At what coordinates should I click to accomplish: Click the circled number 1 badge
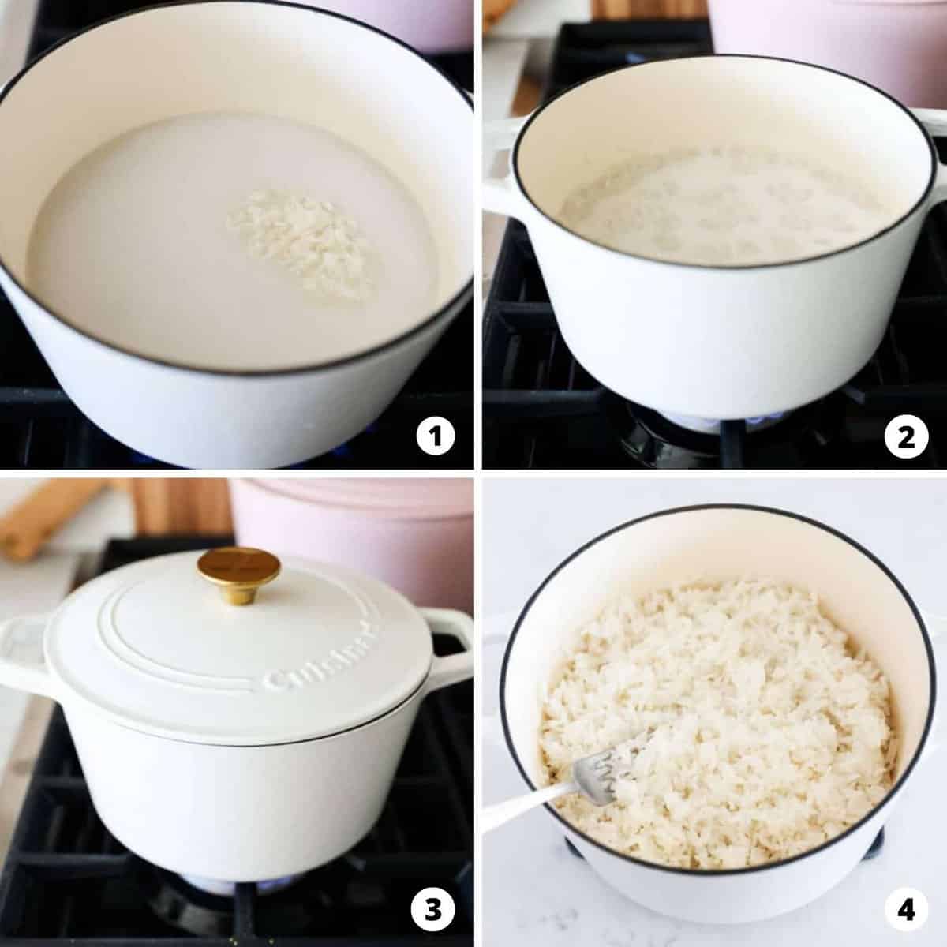(435, 436)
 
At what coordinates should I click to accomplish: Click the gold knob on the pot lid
(238, 568)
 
